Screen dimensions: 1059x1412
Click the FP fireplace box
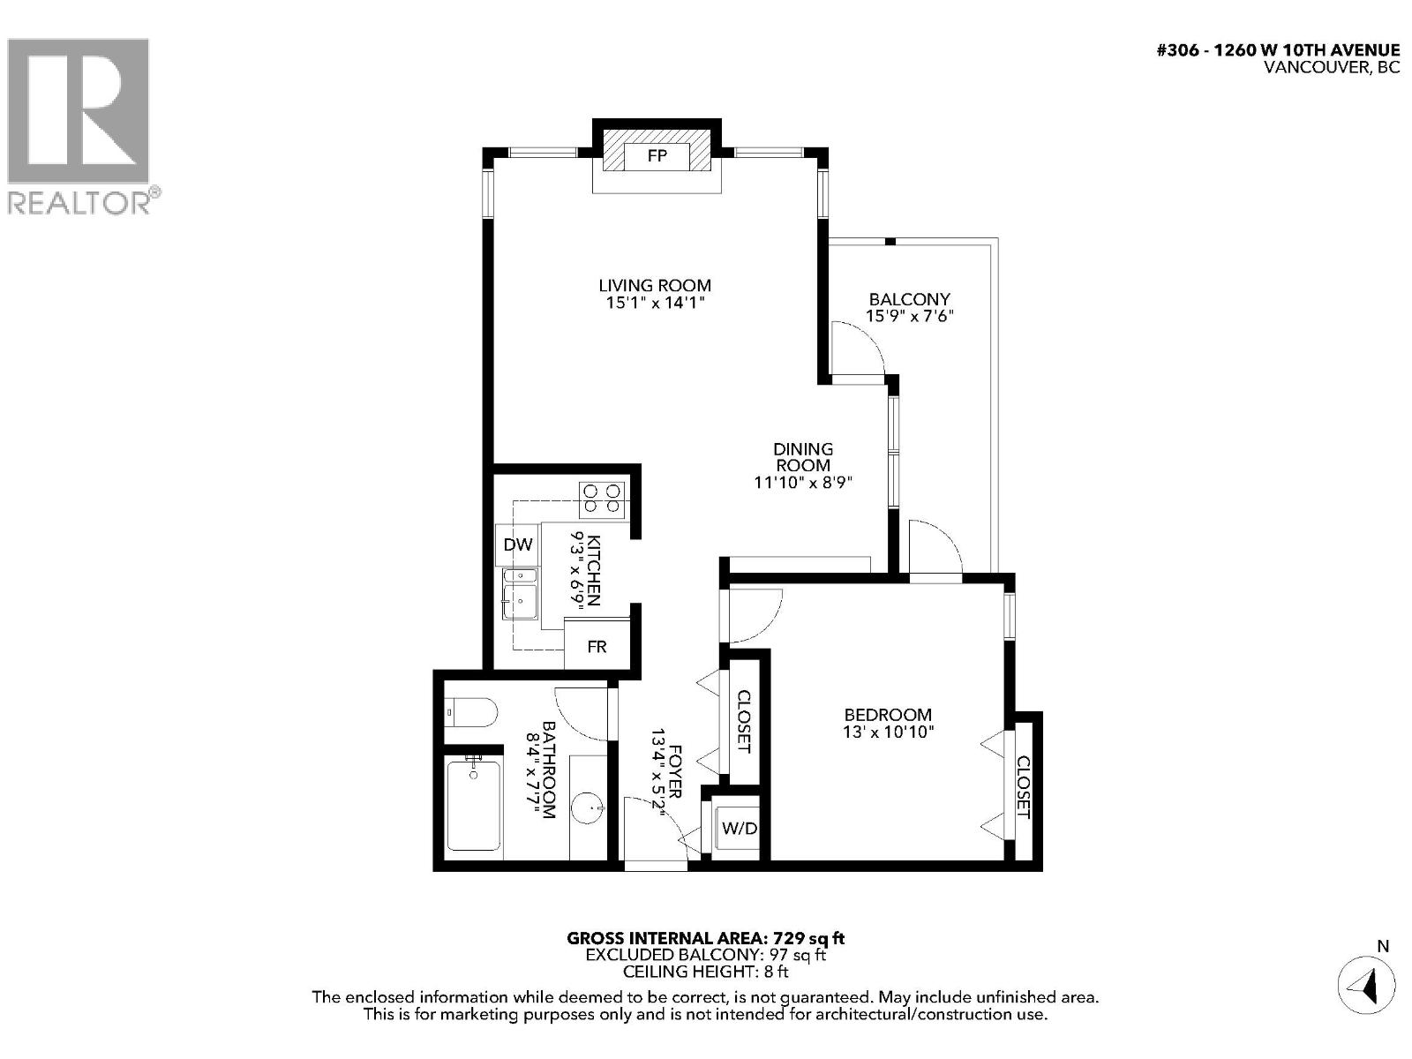[657, 156]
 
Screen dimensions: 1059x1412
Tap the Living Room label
[655, 285]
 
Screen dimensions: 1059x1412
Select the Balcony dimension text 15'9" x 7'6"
[910, 315]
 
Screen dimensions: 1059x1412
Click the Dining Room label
[803, 457]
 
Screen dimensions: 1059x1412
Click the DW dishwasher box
[518, 545]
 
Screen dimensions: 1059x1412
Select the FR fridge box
[597, 647]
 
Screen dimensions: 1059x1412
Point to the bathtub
[474, 804]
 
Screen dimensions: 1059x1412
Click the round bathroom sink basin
[588, 806]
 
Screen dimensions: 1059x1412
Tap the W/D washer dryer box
[739, 828]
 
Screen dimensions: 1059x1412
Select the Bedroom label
[888, 715]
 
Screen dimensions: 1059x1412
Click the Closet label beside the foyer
[743, 722]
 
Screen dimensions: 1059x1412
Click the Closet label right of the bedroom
[1024, 786]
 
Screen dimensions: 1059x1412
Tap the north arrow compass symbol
[1367, 985]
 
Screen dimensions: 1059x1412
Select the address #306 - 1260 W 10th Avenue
[1278, 50]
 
